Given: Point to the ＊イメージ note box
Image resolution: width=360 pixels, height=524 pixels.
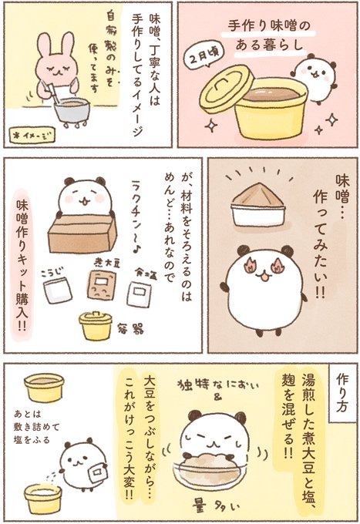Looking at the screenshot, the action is click(32, 135).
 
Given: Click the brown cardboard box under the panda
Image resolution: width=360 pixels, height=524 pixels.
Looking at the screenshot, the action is click(82, 233).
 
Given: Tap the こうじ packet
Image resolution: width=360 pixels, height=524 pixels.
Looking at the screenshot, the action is click(58, 290).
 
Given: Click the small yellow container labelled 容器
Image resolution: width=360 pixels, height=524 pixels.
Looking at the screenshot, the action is click(96, 326).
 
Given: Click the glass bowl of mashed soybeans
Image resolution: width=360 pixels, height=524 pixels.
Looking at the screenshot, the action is click(210, 471).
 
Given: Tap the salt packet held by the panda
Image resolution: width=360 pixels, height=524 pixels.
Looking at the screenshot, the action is click(96, 472).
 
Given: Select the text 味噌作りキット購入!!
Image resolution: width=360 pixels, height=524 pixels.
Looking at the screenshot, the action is click(22, 265).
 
